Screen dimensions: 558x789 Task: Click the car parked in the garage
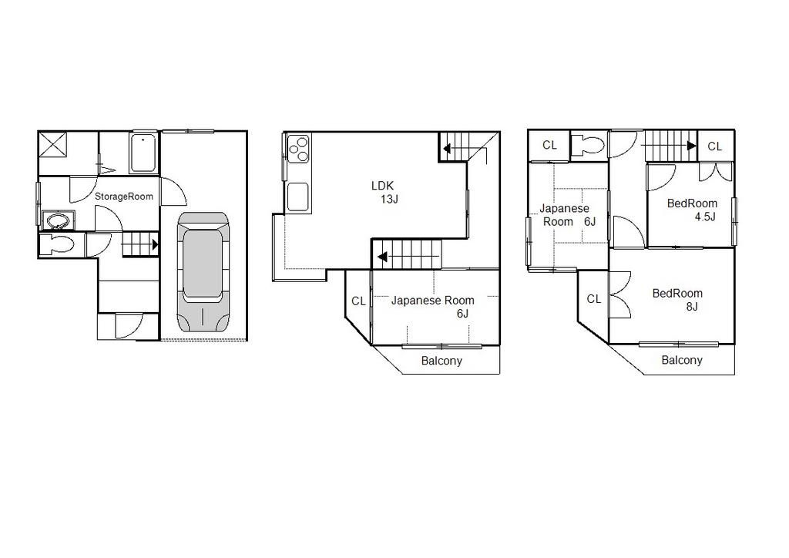tap(203, 272)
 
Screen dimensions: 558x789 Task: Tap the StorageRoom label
tap(124, 197)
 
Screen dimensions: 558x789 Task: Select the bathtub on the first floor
tap(144, 153)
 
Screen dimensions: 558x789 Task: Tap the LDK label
tap(382, 186)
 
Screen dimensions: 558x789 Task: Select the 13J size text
tap(389, 200)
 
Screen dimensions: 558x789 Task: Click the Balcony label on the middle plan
tap(442, 361)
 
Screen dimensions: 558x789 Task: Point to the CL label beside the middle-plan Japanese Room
tap(358, 301)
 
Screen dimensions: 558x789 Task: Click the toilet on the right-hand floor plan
tap(589, 145)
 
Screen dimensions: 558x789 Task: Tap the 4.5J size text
tap(705, 217)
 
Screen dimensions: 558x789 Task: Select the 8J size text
tap(691, 307)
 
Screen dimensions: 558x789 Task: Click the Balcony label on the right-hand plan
tap(682, 360)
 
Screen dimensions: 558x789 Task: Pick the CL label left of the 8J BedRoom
tap(593, 299)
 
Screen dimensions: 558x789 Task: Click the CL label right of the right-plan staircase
tap(715, 146)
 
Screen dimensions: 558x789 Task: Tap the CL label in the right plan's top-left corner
tap(549, 145)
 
